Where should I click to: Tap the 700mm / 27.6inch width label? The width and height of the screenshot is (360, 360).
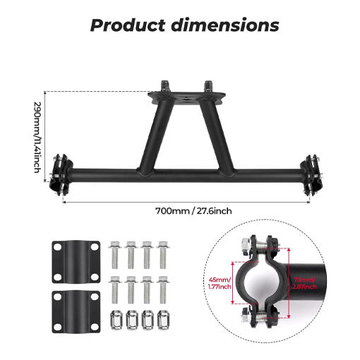click(193, 210)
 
